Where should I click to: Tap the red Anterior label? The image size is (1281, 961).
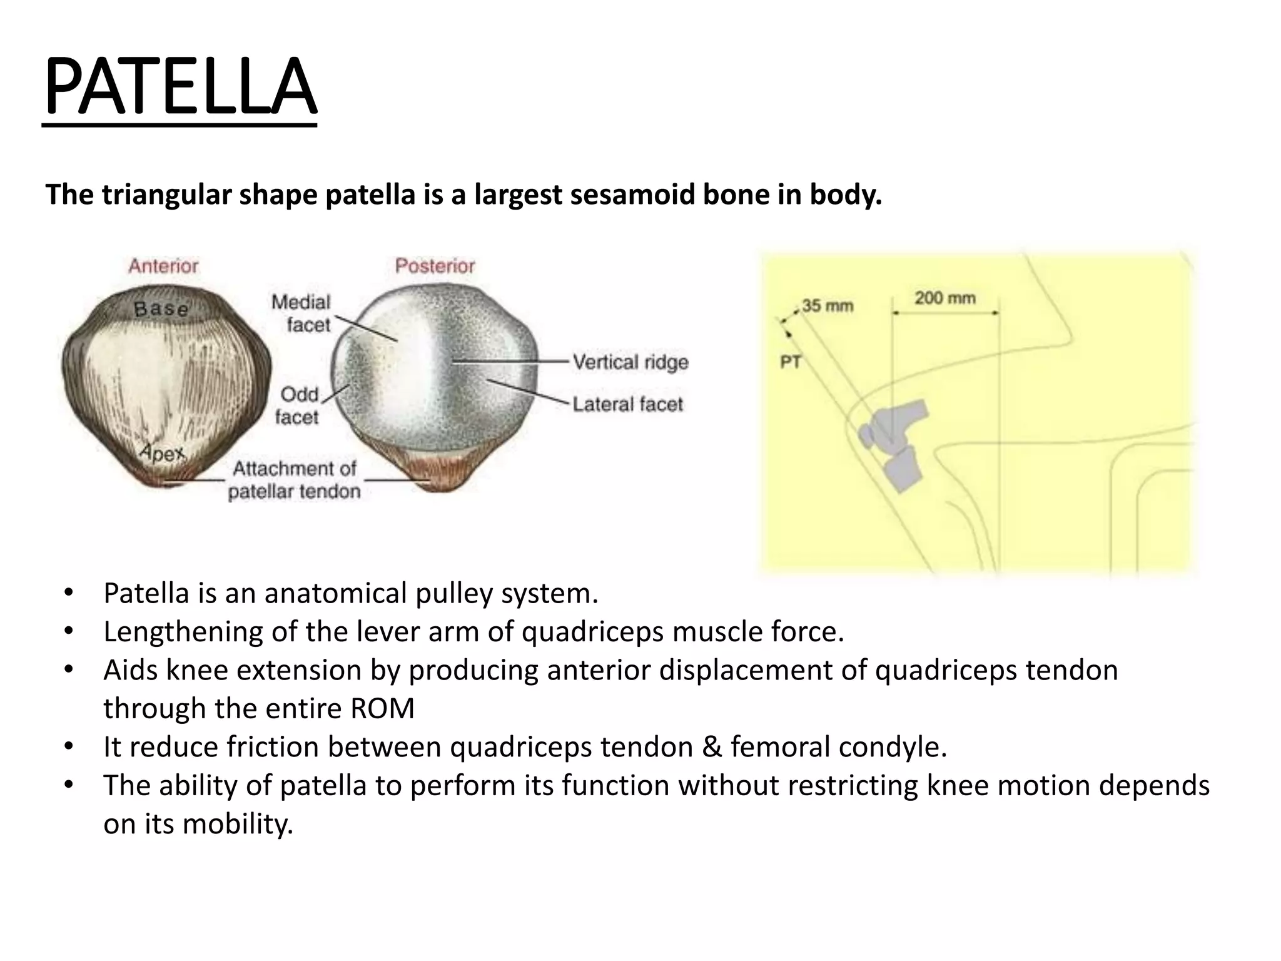163,267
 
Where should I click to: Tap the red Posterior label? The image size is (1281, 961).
435,267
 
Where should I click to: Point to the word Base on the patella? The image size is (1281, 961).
161,308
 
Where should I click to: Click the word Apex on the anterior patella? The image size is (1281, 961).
162,452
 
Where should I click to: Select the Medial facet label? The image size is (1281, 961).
301,313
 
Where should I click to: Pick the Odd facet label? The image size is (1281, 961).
298,405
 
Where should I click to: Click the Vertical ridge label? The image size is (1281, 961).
630,362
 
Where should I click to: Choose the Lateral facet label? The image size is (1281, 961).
627,405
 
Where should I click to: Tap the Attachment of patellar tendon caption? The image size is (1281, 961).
294,480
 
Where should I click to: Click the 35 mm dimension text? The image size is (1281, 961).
827,306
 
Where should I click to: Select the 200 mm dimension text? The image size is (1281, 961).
944,298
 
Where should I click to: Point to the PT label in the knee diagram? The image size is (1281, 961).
791,362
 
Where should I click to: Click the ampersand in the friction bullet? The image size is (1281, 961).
711,747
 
